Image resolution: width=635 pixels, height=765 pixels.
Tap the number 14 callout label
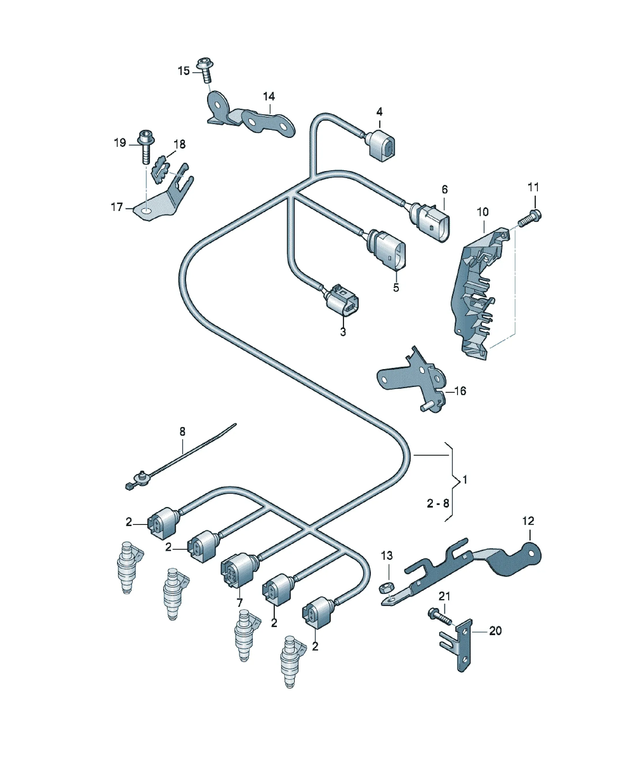point(269,97)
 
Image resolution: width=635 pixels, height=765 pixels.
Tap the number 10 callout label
point(482,212)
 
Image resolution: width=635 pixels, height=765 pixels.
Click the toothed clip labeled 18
point(161,169)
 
